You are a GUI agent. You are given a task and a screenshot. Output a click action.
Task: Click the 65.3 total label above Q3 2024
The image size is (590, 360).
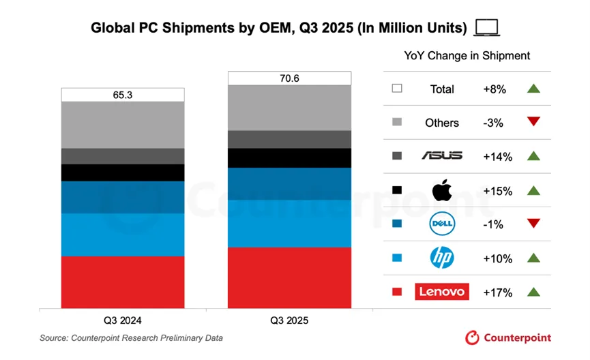(x=123, y=95)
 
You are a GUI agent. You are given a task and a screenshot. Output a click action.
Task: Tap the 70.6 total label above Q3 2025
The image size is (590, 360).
(x=289, y=78)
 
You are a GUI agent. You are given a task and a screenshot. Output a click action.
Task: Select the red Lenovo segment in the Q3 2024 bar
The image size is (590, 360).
(x=123, y=282)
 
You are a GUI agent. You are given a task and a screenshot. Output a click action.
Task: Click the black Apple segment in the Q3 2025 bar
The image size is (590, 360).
(x=289, y=157)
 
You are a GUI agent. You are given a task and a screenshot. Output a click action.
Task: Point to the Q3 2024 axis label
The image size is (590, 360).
(x=123, y=320)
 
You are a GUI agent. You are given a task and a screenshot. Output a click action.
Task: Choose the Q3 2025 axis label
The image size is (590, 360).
(x=289, y=320)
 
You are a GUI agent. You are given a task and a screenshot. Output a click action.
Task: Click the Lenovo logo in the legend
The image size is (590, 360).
(x=441, y=292)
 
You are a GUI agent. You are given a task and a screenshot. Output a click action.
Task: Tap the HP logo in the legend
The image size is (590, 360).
(x=442, y=258)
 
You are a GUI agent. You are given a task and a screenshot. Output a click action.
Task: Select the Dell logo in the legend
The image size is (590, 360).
(x=442, y=224)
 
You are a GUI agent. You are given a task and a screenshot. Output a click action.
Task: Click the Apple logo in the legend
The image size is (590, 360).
(x=442, y=190)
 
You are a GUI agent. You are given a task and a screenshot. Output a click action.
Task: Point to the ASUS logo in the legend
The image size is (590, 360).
(x=442, y=156)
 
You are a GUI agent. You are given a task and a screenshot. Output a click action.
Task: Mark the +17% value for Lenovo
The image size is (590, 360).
(x=497, y=292)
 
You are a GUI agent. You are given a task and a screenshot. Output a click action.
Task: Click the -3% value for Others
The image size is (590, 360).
(x=493, y=123)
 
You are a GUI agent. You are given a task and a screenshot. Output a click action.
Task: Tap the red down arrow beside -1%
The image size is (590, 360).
(x=534, y=224)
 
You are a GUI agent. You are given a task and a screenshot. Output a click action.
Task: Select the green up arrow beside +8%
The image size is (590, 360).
(x=534, y=89)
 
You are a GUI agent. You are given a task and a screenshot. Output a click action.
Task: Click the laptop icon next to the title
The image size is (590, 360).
(x=487, y=28)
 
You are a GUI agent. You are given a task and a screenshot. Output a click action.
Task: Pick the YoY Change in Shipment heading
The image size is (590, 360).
(x=467, y=56)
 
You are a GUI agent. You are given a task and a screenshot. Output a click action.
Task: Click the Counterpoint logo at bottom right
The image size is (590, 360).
(x=508, y=337)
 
